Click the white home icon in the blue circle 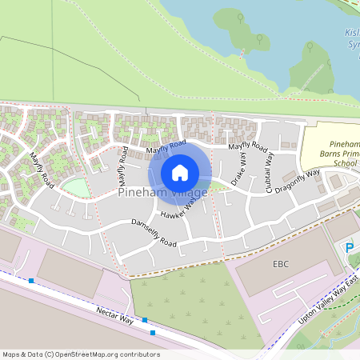[180, 172]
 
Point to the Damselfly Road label [152, 232]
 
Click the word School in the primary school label [346, 162]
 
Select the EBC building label [280, 264]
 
